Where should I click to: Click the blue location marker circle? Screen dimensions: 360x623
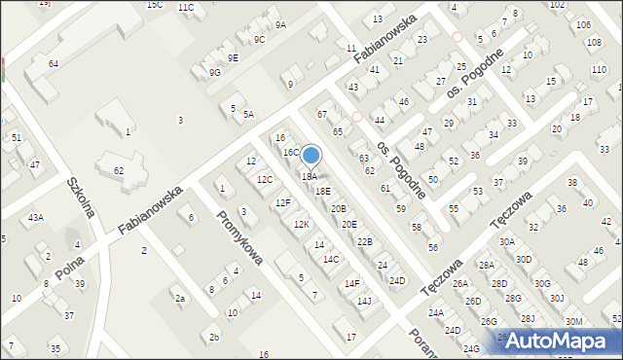tap(311, 156)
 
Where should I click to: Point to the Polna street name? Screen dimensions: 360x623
tap(70, 263)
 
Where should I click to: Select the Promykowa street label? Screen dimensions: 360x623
tap(239, 238)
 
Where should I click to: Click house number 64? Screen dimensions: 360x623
tap(54, 63)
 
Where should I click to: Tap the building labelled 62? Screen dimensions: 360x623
tap(119, 170)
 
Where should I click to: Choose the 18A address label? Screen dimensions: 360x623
tap(309, 176)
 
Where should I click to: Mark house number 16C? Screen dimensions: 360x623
tap(291, 153)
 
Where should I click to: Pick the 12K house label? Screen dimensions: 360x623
tap(302, 225)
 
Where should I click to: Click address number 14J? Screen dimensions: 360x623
tap(364, 301)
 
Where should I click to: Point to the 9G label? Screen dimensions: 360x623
tap(213, 72)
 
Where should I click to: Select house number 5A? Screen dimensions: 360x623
tap(249, 115)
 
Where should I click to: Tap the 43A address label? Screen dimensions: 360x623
tap(36, 217)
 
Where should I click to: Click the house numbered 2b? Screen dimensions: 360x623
tap(214, 338)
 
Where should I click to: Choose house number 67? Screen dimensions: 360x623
tap(322, 115)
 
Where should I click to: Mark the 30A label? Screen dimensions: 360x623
tap(507, 241)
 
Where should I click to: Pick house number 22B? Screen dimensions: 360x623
tap(364, 241)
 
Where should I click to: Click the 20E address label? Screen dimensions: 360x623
tap(348, 224)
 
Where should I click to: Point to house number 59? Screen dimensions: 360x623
tap(401, 208)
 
